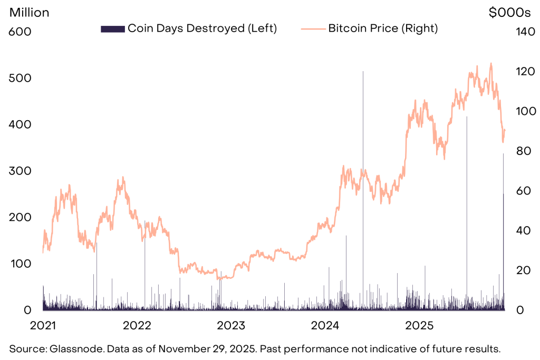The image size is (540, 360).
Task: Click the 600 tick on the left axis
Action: tap(21, 32)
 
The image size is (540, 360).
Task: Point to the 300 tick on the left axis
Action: tap(21, 171)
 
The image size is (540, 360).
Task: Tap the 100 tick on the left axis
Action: tap(21, 264)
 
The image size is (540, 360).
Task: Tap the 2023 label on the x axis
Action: tap(230, 325)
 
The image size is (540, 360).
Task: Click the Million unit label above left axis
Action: tap(30, 13)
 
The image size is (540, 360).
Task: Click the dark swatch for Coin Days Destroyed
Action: tap(112, 28)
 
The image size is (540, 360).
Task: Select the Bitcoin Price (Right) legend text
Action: tap(383, 28)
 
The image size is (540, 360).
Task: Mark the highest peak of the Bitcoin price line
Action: tap(491, 63)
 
